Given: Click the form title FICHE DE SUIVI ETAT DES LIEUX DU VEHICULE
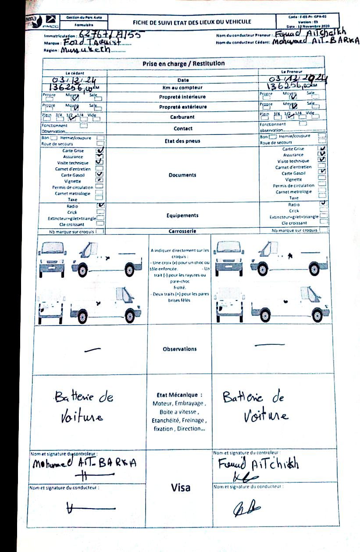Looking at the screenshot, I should click(x=192, y=21).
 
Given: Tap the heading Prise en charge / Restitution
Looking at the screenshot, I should click(x=183, y=64).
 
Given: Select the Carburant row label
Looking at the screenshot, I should click(x=183, y=117).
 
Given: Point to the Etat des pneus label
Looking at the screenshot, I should click(x=183, y=141).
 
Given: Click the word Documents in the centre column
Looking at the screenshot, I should click(x=182, y=175).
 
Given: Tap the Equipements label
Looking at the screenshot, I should click(x=182, y=215).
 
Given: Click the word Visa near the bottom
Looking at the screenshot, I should click(x=180, y=487).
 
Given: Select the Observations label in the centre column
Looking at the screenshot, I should click(x=180, y=349).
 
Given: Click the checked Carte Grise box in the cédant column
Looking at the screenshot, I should click(x=100, y=150).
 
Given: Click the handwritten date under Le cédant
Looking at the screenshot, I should click(x=74, y=80).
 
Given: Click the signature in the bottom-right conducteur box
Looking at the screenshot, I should click(x=246, y=508).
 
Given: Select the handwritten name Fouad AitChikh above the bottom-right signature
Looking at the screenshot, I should click(x=258, y=464).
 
